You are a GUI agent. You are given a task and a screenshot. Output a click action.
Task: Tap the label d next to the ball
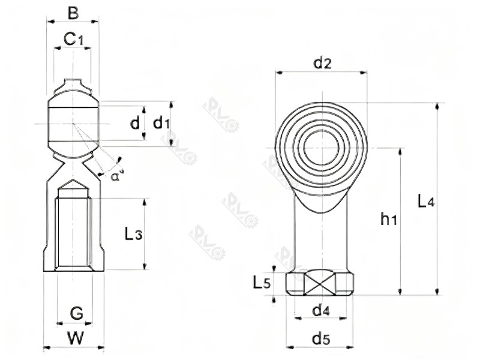(135, 124)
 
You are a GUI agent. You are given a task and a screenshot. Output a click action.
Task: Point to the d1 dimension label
(160, 124)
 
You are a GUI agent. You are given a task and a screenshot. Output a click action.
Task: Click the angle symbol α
(115, 175)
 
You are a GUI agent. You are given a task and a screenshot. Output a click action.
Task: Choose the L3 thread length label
(133, 235)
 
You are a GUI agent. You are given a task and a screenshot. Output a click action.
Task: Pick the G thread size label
(76, 313)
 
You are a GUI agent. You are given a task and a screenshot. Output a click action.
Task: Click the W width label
(75, 338)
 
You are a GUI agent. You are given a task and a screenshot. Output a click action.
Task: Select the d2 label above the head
(322, 62)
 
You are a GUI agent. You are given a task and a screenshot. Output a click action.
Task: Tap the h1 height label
(389, 220)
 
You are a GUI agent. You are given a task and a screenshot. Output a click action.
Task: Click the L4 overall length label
(425, 201)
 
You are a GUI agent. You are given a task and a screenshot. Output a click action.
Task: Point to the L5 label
(262, 281)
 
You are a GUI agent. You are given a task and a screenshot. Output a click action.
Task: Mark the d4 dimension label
(322, 310)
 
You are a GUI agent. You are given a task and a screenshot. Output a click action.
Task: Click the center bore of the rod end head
(322, 146)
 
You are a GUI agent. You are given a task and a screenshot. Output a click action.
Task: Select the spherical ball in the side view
(73, 124)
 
